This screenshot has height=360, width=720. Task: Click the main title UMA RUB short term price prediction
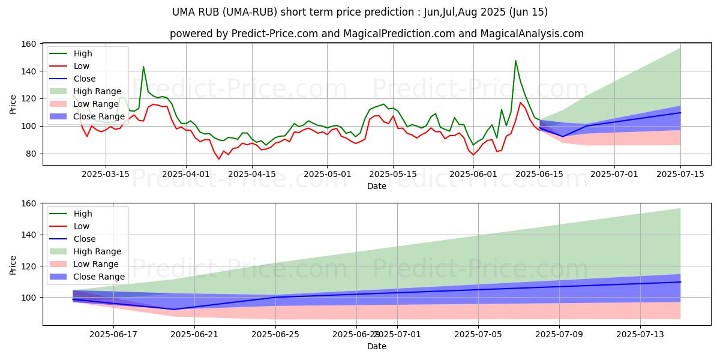tap(360, 12)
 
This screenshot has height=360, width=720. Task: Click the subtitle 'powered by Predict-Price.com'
tap(376, 34)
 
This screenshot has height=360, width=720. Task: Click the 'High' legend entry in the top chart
tap(82, 53)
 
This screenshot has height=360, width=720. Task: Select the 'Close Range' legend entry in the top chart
tap(99, 116)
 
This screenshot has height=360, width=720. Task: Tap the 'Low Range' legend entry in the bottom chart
tap(97, 264)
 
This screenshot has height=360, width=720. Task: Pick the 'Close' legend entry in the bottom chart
tap(83, 239)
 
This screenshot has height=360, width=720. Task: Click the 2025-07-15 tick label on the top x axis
tap(680, 174)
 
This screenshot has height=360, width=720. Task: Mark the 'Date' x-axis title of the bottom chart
tap(376, 346)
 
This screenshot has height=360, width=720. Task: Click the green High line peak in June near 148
tap(515, 61)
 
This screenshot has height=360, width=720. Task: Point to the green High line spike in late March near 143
tap(143, 67)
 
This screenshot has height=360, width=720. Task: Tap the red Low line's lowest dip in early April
tap(219, 159)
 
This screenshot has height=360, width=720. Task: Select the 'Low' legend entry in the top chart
tap(82, 66)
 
